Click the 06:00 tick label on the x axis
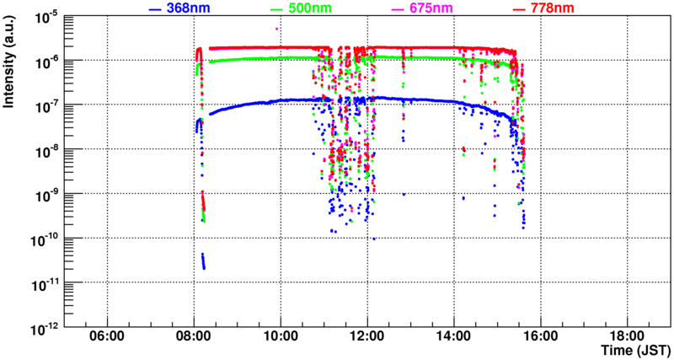(107, 335)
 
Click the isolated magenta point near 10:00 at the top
(277, 29)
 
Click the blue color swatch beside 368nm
(155, 9)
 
